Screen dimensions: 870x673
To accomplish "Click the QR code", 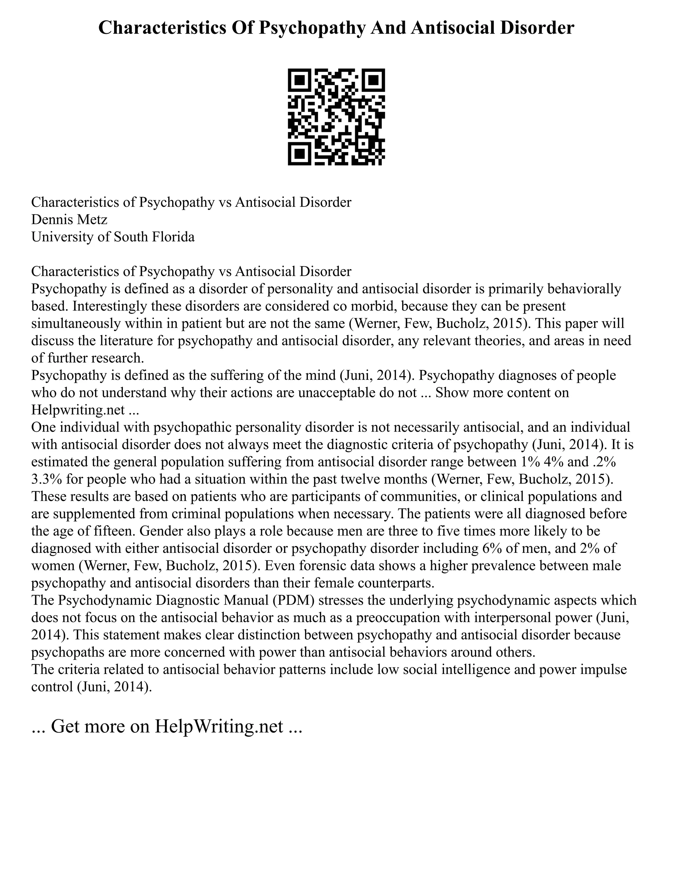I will [x=336, y=117].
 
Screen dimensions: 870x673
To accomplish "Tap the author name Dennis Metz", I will [x=69, y=220].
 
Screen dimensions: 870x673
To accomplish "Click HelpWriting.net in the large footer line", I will [x=219, y=726].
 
